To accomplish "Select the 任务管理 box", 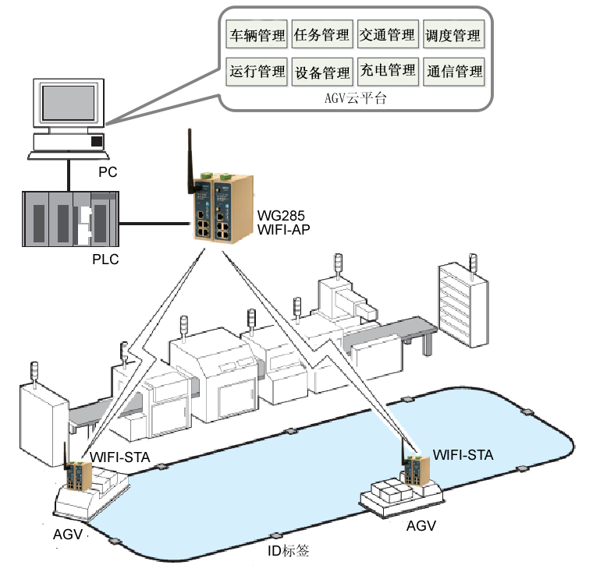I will coord(322,36).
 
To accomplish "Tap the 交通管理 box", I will coord(388,36).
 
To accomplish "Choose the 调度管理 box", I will coord(453,36).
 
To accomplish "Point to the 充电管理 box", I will coord(388,72).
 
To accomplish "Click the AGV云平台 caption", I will coord(355,99).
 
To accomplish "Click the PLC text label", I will coord(105,260).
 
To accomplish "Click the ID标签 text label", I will coord(288,551).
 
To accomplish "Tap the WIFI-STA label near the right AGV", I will coord(463,454).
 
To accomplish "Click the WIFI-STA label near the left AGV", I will coord(119,456).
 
